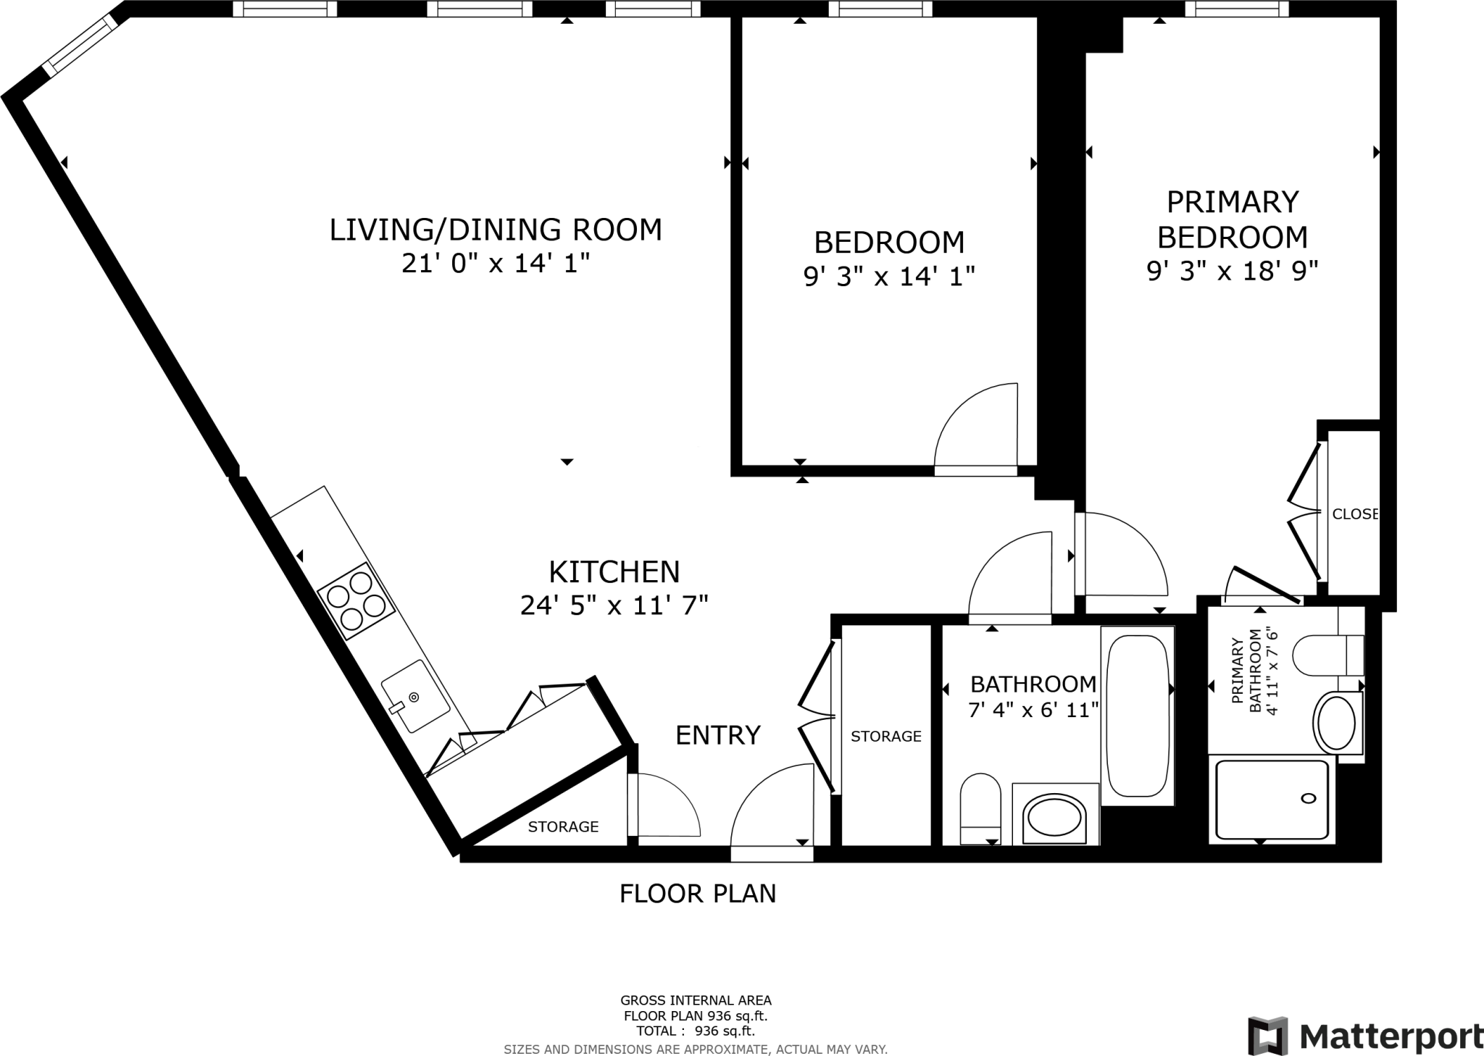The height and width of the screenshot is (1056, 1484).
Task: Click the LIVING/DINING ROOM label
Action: (x=496, y=230)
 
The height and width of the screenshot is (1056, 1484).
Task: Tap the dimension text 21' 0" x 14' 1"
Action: (x=496, y=264)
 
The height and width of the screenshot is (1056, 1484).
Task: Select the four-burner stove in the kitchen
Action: (x=356, y=600)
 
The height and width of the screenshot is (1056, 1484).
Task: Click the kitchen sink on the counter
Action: (x=415, y=695)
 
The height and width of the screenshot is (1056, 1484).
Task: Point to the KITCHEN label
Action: (x=614, y=572)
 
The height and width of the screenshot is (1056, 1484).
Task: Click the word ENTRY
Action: (x=718, y=735)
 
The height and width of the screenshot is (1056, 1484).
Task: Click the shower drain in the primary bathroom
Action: (x=1309, y=799)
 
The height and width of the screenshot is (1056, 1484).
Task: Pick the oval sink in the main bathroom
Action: (x=1055, y=818)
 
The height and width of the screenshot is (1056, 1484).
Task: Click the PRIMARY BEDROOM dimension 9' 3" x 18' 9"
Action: (x=1232, y=271)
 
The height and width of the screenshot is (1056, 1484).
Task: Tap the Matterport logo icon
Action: (x=1267, y=1036)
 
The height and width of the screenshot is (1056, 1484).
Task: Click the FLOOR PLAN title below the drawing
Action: (x=698, y=894)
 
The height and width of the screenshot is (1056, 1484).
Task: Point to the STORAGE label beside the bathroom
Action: (x=885, y=737)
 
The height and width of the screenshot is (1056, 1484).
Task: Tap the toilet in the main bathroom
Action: (x=980, y=809)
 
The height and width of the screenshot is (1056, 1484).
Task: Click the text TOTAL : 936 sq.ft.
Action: (x=696, y=1031)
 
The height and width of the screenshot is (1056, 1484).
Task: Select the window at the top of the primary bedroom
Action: (x=1237, y=9)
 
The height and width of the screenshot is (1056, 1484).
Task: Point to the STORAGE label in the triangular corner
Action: (x=563, y=826)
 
